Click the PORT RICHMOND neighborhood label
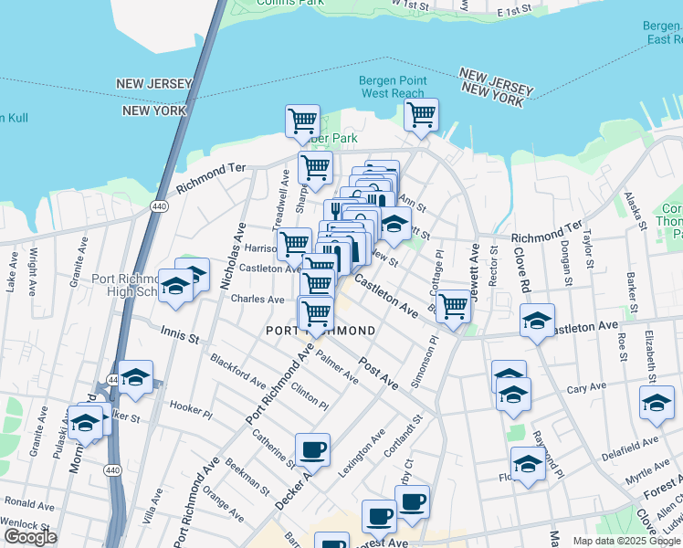click(320, 330)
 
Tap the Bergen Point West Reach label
click(393, 88)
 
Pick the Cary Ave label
click(587, 388)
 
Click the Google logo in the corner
click(30, 537)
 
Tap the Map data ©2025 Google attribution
click(625, 541)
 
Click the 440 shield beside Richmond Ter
click(159, 207)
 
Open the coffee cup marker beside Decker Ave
click(312, 450)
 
